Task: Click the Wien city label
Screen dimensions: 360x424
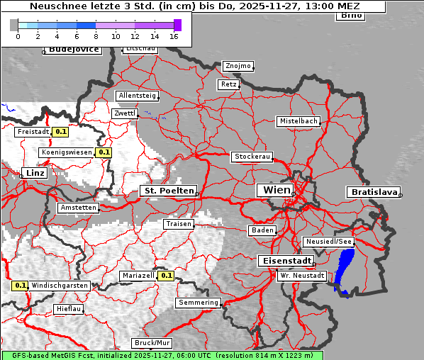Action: coord(277,190)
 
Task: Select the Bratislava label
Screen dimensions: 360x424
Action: coord(372,192)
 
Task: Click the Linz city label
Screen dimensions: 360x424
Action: coord(33,173)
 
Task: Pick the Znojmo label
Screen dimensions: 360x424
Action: coord(238,66)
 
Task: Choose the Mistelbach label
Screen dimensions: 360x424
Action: coord(299,121)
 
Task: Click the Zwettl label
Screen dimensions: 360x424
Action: coord(124,113)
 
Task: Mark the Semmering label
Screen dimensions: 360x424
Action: coord(199,303)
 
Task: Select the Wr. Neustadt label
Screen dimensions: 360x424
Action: coord(302,275)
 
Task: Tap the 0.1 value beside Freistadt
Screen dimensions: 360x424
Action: coord(61,131)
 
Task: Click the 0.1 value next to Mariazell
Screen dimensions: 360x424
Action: coord(167,276)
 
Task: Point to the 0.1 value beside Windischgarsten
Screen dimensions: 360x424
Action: coord(20,286)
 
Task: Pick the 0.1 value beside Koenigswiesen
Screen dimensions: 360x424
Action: coord(104,152)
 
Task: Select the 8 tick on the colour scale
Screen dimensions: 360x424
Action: coord(96,36)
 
